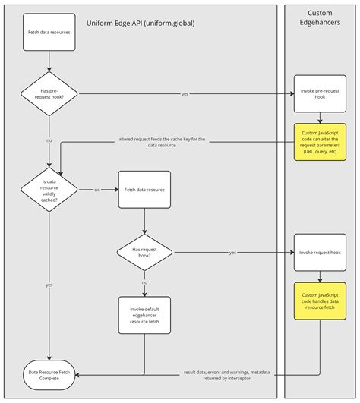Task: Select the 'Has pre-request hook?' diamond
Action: click(49, 94)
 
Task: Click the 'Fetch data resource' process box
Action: click(144, 189)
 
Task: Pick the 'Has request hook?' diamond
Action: click(144, 252)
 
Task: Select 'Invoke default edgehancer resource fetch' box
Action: click(144, 315)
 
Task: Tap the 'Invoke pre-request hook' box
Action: click(320, 94)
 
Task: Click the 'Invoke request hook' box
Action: click(320, 252)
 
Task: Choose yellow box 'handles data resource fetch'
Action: click(320, 300)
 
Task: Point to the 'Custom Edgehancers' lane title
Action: click(320, 19)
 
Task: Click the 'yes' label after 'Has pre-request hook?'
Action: click(185, 94)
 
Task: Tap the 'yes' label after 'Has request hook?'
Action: click(232, 252)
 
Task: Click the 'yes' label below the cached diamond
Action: click(49, 285)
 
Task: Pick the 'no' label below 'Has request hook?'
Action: click(144, 282)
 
